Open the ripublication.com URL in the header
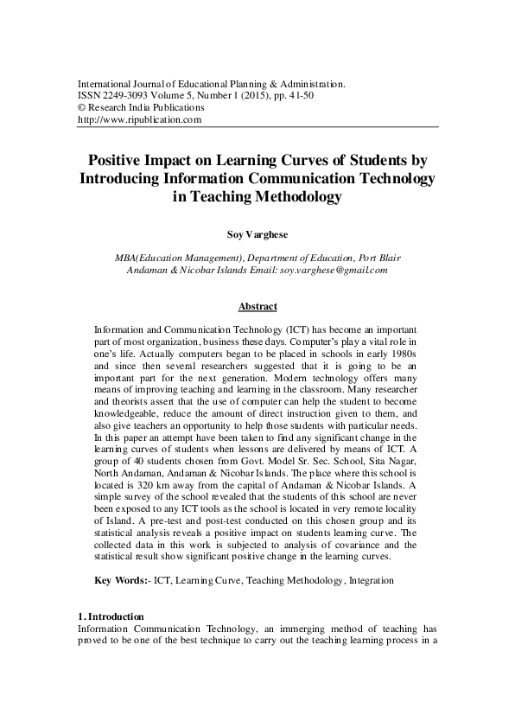(139, 120)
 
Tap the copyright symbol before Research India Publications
(82, 108)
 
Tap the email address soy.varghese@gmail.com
(334, 270)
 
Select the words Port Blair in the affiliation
(378, 258)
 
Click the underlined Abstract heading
(257, 306)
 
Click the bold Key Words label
(121, 581)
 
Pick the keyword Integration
(372, 581)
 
